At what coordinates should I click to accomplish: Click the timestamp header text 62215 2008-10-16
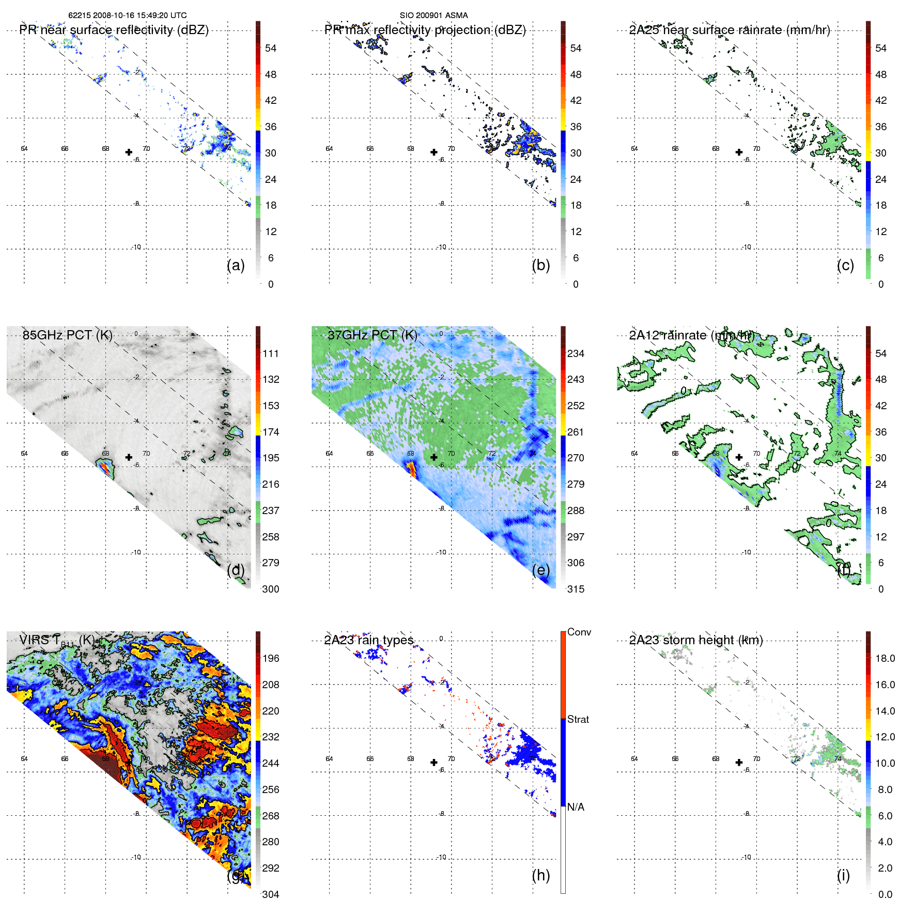point(127,15)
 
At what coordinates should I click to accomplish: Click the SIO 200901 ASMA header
point(433,15)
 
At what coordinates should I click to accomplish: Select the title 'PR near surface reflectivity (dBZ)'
point(114,30)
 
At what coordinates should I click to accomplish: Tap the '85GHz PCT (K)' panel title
point(67,335)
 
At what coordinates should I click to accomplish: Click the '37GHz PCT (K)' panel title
point(372,335)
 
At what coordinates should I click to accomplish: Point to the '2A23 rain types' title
point(368,640)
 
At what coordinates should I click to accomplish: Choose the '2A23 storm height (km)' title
point(695,640)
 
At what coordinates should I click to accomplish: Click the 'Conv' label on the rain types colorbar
point(579,632)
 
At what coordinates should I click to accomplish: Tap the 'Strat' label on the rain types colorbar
point(578,719)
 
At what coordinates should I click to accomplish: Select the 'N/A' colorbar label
point(576,807)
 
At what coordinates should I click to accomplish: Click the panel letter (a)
point(236,265)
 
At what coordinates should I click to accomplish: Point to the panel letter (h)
point(540,875)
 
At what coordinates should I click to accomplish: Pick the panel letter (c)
point(845,265)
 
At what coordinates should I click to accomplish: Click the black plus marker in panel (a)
point(129,152)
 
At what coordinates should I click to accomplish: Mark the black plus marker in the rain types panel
point(433,762)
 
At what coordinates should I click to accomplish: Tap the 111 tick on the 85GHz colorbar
point(270,353)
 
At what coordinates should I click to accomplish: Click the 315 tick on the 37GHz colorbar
point(576,589)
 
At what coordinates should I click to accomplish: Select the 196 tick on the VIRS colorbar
point(270,658)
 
